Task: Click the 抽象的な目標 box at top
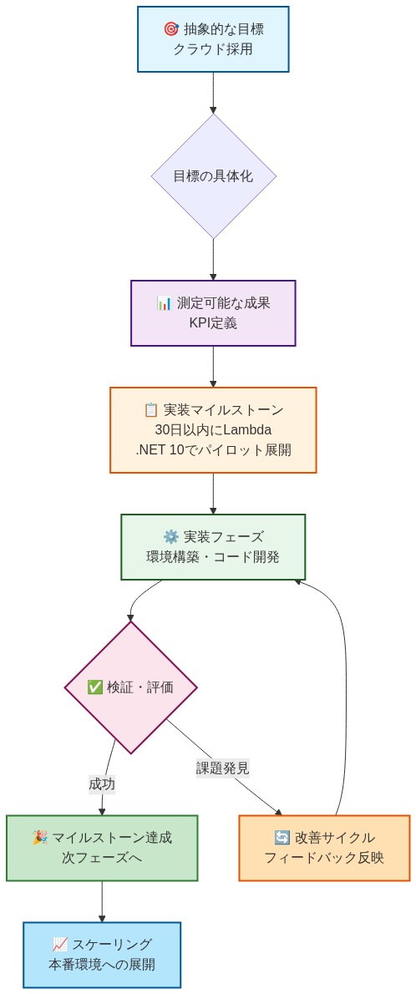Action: point(213,39)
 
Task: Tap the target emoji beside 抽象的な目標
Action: point(170,29)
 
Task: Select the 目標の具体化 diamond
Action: point(213,176)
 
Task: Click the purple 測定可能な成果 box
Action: point(213,313)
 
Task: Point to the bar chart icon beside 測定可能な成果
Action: point(164,303)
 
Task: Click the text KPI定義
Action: point(213,323)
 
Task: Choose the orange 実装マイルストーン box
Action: point(213,430)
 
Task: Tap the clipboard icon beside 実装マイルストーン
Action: point(151,410)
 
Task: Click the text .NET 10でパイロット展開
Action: point(213,450)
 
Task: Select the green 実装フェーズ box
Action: point(213,547)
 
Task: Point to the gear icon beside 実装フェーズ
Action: point(171,537)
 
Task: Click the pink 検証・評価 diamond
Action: point(130,687)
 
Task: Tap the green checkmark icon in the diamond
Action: point(95,687)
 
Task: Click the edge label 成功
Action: point(102,784)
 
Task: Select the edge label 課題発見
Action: point(222,768)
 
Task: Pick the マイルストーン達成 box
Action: point(102,848)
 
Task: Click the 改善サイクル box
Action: point(324,848)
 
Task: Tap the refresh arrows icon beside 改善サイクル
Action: point(282,838)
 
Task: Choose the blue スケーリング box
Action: point(102,955)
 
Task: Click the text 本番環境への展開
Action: point(102,965)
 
